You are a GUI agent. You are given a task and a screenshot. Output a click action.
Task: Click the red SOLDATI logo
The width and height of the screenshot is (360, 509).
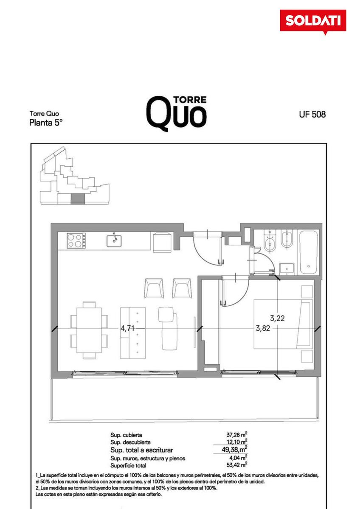[x=313, y=22]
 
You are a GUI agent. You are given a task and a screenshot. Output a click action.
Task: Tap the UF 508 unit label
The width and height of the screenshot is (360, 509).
[x=312, y=114]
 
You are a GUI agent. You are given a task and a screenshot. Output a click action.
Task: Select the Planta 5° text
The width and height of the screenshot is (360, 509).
[x=46, y=123]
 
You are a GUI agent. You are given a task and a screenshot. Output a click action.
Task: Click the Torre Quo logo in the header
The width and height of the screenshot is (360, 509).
[x=176, y=114]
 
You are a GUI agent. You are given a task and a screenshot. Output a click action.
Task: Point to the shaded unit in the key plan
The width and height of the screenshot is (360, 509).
[x=78, y=199]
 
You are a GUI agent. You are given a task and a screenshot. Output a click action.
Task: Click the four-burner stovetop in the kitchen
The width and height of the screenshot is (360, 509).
[x=76, y=241]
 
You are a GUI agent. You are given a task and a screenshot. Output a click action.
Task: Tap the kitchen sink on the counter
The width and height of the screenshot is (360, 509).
[x=114, y=241]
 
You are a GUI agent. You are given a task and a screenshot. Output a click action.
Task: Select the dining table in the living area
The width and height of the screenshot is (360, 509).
[x=89, y=330]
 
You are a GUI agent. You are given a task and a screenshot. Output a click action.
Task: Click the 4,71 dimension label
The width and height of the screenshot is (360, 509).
[x=127, y=328]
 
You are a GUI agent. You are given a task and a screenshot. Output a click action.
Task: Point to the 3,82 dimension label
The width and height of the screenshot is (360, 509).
[x=263, y=328]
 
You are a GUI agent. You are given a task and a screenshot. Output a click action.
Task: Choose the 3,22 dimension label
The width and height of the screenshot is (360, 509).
[x=277, y=319]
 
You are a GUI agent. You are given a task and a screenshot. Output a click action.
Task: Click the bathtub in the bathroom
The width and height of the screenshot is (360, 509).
[x=308, y=252]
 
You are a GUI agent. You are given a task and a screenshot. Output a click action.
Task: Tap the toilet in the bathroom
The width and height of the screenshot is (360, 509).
[x=270, y=241]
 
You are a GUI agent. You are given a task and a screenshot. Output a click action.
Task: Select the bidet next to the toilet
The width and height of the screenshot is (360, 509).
[x=287, y=238]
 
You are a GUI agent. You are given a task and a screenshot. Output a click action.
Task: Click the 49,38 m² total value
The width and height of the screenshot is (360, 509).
[x=234, y=449]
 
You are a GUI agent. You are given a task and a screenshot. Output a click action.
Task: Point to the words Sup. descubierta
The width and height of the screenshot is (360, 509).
[x=130, y=442]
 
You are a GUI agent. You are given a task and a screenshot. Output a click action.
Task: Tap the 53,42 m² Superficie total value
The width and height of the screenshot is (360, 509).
[x=237, y=465]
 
